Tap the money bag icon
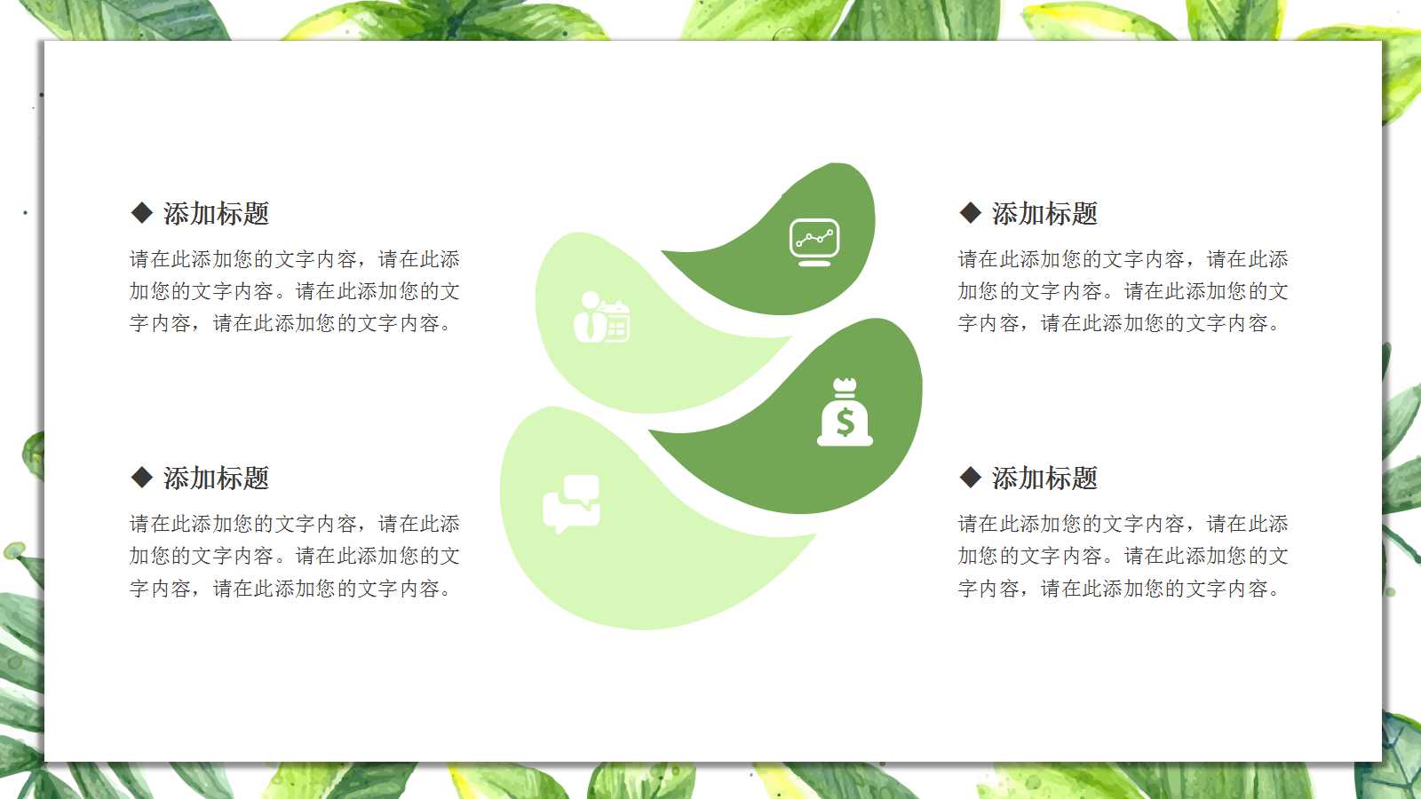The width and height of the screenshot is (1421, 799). (845, 413)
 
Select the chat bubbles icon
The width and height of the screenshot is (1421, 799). (571, 503)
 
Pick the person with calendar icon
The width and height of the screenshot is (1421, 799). (601, 317)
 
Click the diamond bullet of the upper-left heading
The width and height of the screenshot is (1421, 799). (142, 213)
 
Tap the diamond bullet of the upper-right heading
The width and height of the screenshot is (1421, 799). (971, 213)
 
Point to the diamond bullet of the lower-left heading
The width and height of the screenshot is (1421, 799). (142, 478)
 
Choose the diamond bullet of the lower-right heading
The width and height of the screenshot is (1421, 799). (971, 478)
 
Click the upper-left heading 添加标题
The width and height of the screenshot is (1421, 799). (216, 213)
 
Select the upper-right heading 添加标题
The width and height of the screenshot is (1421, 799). (1044, 213)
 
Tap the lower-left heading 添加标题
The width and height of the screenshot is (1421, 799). (216, 478)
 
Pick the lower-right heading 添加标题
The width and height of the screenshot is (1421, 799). (1044, 478)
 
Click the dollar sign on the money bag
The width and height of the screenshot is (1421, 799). (845, 422)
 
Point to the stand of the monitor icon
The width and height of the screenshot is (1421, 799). (814, 262)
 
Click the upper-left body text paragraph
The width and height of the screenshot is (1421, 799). (294, 291)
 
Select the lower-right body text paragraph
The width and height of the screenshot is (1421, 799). (1123, 556)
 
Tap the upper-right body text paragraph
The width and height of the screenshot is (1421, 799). (1123, 291)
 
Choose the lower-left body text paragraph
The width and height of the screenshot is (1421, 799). (294, 556)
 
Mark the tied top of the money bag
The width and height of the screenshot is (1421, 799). (845, 387)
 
